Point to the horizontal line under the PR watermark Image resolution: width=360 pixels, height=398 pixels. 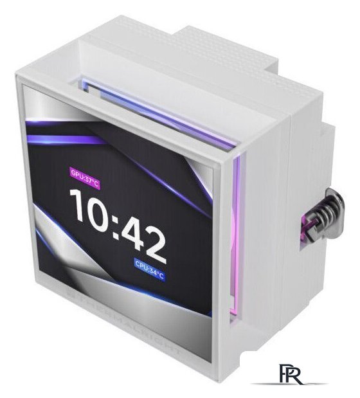click(290, 384)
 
